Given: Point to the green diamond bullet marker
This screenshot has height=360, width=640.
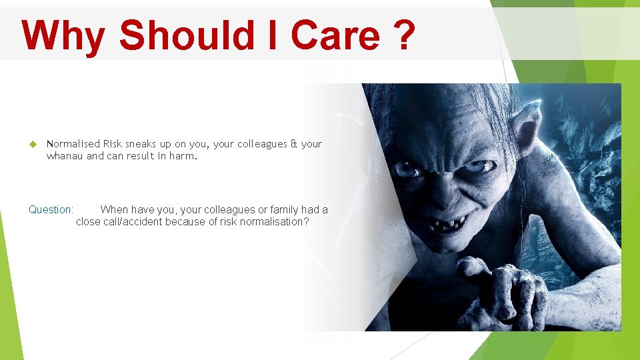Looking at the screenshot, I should point(32,144).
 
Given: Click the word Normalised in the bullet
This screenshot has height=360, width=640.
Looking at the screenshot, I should point(73,144).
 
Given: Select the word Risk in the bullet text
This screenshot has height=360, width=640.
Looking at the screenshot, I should point(113,144).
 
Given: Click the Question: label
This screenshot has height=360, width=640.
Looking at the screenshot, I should point(51,209).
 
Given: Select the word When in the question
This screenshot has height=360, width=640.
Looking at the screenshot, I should point(114,209).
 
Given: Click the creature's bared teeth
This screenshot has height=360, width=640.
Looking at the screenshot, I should point(443,224).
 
